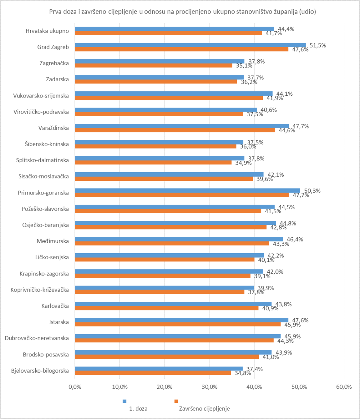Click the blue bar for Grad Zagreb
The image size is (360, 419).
pyautogui.click(x=190, y=45)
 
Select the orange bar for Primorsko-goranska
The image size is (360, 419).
pyautogui.click(x=182, y=195)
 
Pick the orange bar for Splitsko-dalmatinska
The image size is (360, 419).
pyautogui.click(x=153, y=163)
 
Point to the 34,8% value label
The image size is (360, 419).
pyautogui.click(x=239, y=373)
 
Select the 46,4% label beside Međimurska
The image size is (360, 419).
pyautogui.click(x=292, y=239)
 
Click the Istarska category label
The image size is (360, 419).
pyautogui.click(x=59, y=322)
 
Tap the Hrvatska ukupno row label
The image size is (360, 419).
pyautogui.click(x=47, y=31)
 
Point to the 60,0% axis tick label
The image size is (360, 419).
pyautogui.click(x=344, y=387)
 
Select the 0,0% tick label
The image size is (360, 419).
pyautogui.click(x=75, y=387)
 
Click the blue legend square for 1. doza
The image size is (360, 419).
pyautogui.click(x=125, y=401)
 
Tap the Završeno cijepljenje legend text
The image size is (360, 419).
pyautogui.click(x=204, y=409)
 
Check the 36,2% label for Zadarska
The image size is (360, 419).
pyautogui.click(x=245, y=82)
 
